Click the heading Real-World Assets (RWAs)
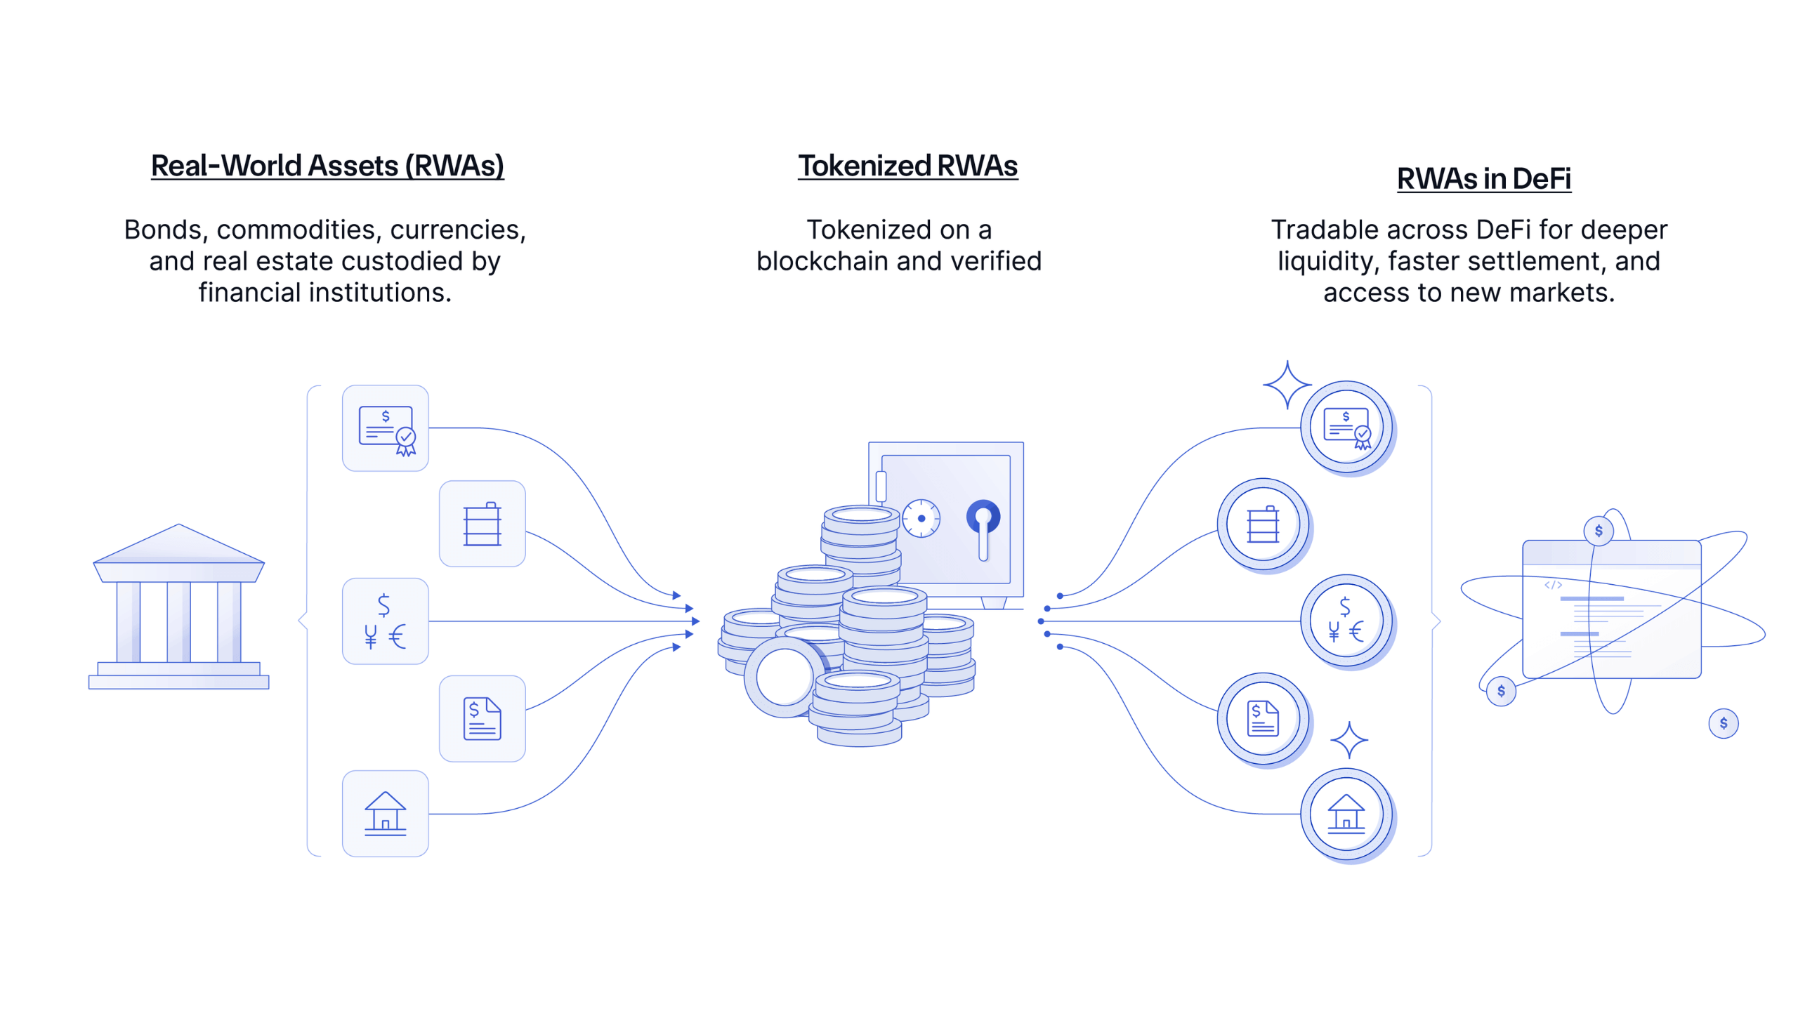click(x=327, y=166)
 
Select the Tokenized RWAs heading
click(x=907, y=166)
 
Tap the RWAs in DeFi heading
click(x=1483, y=179)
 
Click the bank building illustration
click(x=178, y=607)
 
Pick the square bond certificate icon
click(x=386, y=428)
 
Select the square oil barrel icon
click(x=483, y=524)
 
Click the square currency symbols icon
click(x=386, y=621)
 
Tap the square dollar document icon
click(x=483, y=718)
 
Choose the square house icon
click(x=386, y=814)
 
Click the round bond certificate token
click(x=1347, y=428)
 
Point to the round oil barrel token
click(x=1264, y=524)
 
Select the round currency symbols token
click(x=1347, y=621)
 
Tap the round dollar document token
click(x=1264, y=719)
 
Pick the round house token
click(x=1347, y=815)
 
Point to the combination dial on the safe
click(x=921, y=518)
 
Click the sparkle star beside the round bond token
click(x=1287, y=385)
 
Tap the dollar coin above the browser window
click(x=1599, y=531)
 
